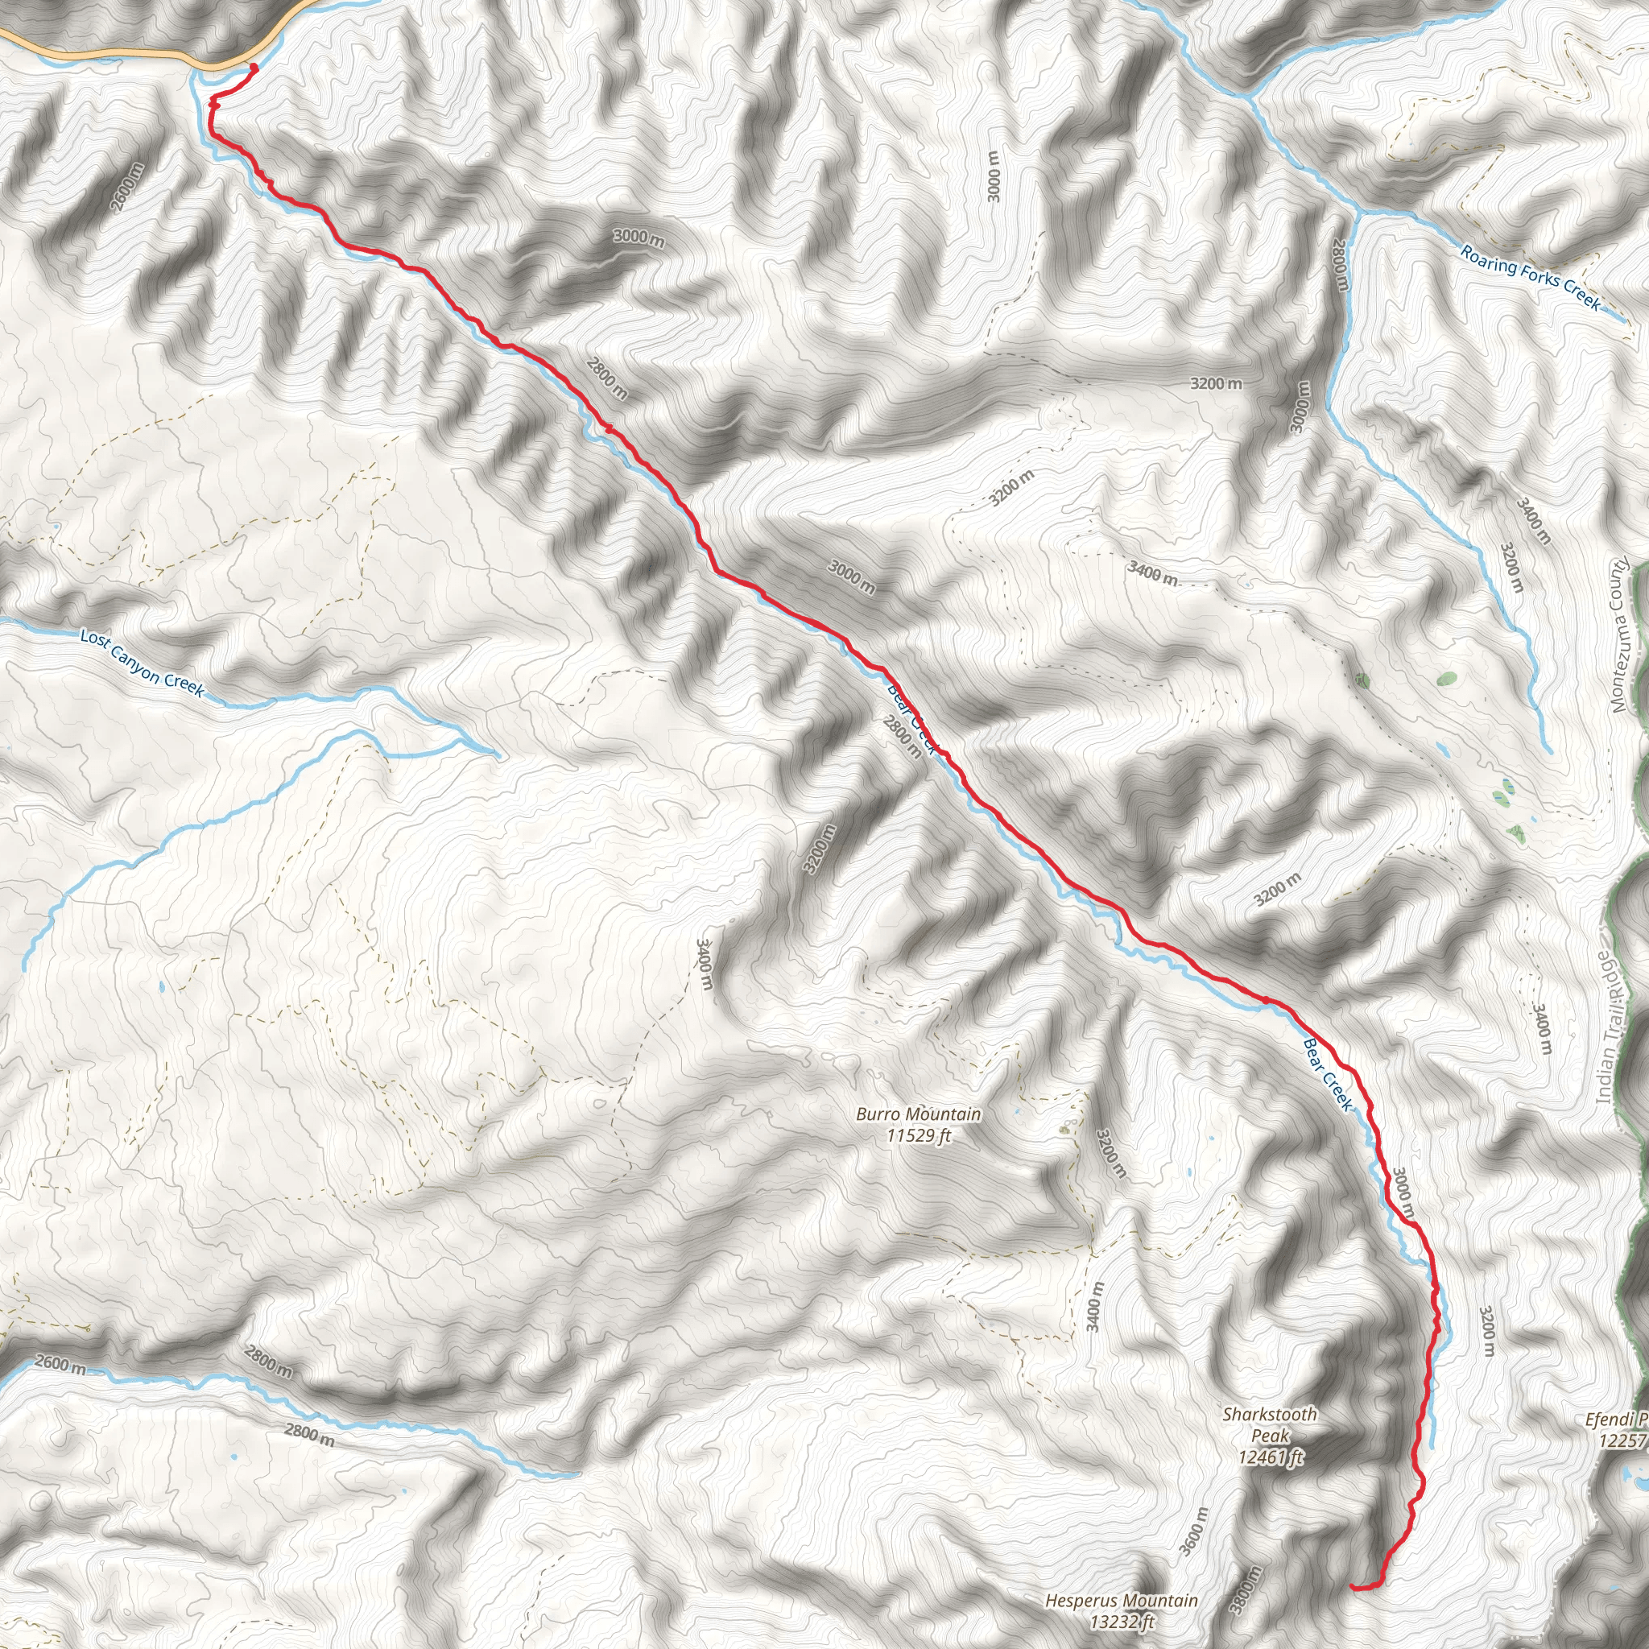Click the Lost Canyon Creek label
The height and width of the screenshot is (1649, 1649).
[x=143, y=663]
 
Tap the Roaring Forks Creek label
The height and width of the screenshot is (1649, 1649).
[x=1530, y=278]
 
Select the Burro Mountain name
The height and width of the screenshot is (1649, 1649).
[x=919, y=1114]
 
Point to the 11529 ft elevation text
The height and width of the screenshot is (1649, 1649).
[x=919, y=1135]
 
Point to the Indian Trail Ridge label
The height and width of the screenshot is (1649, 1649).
[x=1610, y=1024]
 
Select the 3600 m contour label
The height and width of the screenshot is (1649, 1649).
[x=1193, y=1532]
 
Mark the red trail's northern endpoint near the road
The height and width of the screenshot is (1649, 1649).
[x=254, y=68]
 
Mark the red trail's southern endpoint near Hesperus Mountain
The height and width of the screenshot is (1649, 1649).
[x=1354, y=1587]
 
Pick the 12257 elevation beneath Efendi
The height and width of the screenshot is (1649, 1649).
[x=1622, y=1440]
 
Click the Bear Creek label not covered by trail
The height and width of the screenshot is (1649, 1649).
[x=1328, y=1075]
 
